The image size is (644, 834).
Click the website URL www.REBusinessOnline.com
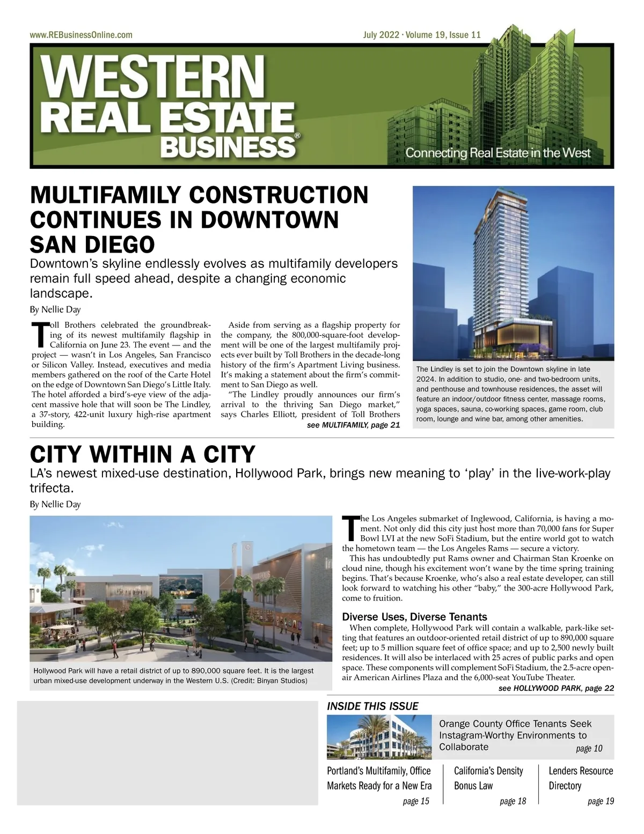(81, 35)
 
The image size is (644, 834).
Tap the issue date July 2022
(381, 35)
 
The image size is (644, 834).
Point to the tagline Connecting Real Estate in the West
(497, 153)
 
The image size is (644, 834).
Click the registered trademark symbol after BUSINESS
(298, 137)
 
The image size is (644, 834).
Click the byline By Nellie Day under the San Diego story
(55, 309)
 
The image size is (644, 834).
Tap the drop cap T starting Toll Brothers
(40, 334)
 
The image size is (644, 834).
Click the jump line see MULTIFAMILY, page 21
(353, 425)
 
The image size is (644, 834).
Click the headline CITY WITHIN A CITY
(143, 455)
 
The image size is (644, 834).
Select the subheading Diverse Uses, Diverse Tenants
(414, 617)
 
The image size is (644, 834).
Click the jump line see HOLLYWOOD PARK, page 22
(556, 688)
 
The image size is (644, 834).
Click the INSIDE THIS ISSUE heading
(372, 706)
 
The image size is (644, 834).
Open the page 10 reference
(589, 749)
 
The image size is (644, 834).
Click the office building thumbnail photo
(379, 736)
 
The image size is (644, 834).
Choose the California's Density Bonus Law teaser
(488, 778)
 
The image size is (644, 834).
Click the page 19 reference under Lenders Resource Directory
(601, 801)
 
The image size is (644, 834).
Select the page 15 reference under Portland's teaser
(416, 801)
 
